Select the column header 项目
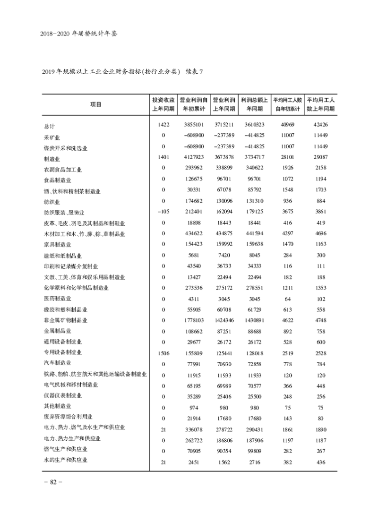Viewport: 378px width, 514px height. coord(95,104)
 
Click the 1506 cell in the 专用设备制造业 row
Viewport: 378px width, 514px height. coord(163,352)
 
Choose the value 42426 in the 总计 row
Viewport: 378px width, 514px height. coord(320,125)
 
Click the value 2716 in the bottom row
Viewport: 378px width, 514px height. coord(255,462)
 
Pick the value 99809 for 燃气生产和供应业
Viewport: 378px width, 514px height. coord(255,451)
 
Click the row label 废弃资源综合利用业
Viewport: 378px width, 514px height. coord(68,417)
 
